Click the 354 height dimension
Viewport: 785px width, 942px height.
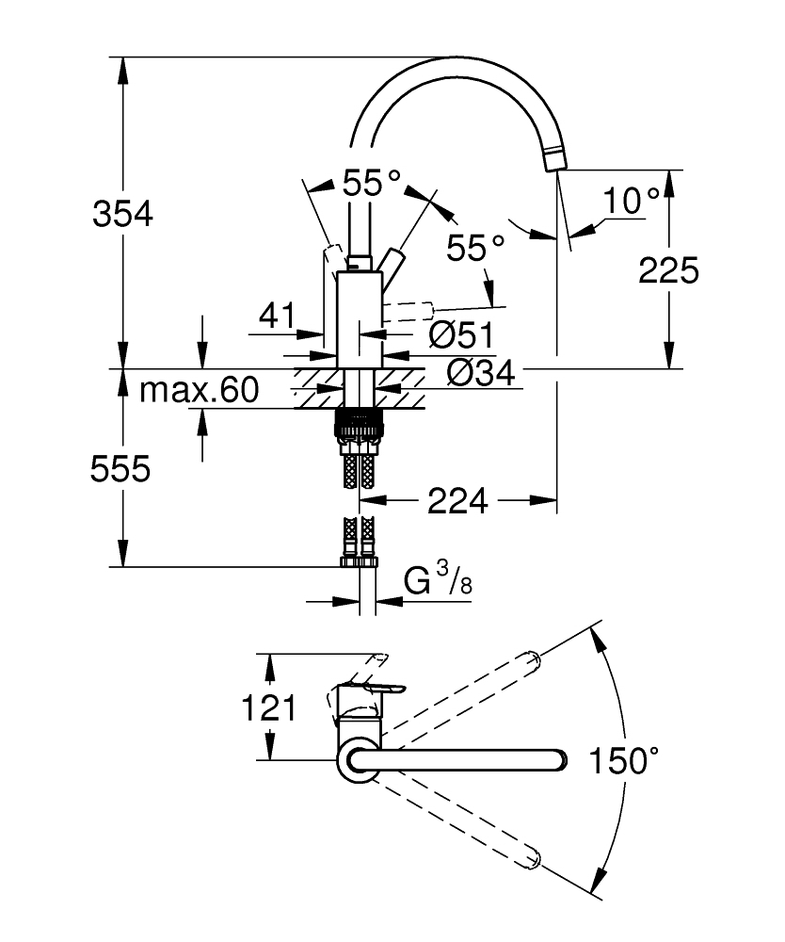pyautogui.click(x=122, y=215)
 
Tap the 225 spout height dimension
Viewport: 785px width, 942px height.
pyautogui.click(x=668, y=270)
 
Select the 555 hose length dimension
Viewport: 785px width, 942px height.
pyautogui.click(x=120, y=468)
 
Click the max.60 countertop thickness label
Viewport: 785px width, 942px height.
pyautogui.click(x=198, y=390)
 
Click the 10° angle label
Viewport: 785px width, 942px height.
pyautogui.click(x=631, y=200)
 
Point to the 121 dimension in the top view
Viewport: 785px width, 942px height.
pyautogui.click(x=270, y=707)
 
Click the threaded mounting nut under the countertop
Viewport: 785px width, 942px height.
pyautogui.click(x=359, y=424)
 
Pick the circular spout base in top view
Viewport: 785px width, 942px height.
pyautogui.click(x=359, y=760)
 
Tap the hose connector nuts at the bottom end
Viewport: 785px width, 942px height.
pyautogui.click(x=359, y=562)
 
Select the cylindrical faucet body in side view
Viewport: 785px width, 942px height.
pyautogui.click(x=359, y=316)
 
